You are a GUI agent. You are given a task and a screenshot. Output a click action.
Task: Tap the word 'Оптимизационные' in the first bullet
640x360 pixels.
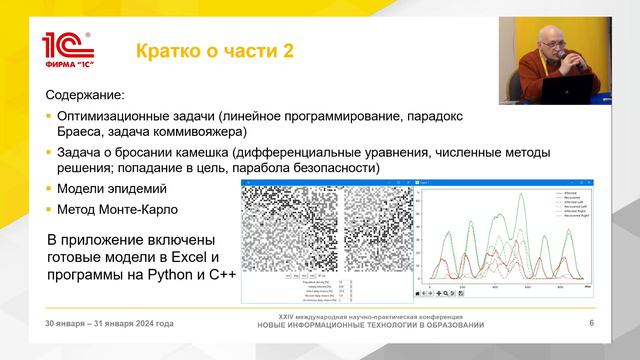tap(121, 116)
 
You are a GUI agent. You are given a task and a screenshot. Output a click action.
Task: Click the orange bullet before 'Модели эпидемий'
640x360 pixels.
tap(49, 189)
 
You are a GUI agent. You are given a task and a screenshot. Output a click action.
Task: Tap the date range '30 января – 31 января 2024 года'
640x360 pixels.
tap(109, 323)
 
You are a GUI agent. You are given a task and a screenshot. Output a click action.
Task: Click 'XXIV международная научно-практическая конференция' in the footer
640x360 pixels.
tap(370, 315)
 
